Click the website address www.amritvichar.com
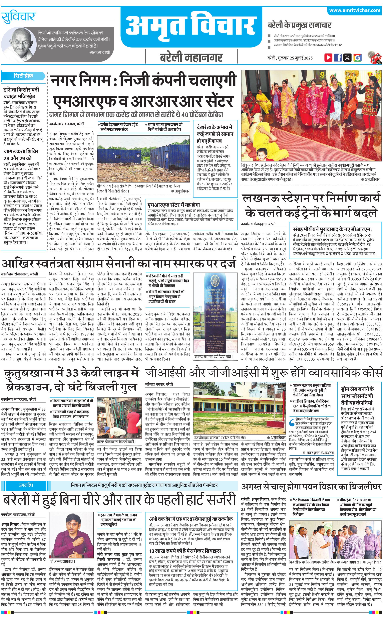(355, 10)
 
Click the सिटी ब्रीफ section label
(23, 76)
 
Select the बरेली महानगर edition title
(191, 57)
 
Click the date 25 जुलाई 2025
(301, 58)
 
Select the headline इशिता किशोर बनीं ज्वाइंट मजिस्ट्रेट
(21, 93)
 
